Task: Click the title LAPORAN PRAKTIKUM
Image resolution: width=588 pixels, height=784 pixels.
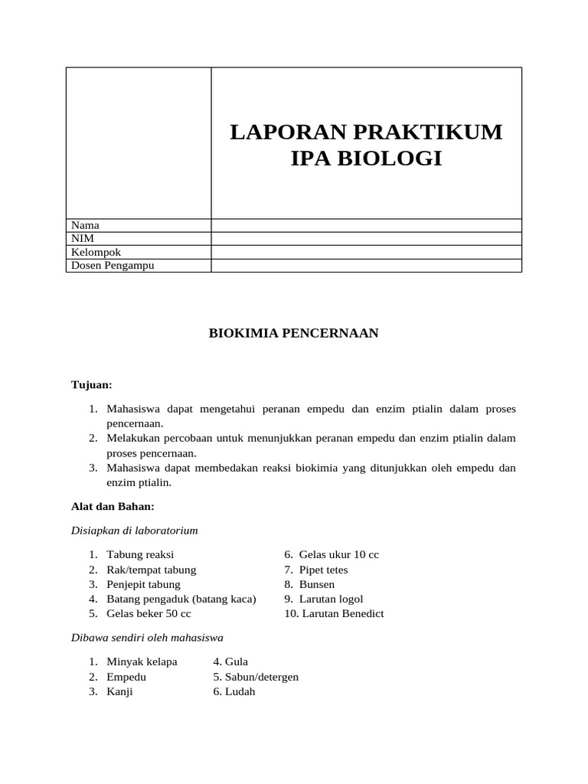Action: (x=366, y=132)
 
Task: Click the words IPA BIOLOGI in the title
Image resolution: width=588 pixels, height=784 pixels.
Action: (x=366, y=158)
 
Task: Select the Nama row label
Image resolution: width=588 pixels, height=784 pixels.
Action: (x=85, y=225)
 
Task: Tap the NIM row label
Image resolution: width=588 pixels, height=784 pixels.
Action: (x=82, y=238)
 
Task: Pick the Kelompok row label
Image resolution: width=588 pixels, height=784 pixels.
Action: (x=96, y=252)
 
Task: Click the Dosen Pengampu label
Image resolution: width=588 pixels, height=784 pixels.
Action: (x=112, y=266)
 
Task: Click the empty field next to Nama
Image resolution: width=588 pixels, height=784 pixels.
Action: (x=366, y=225)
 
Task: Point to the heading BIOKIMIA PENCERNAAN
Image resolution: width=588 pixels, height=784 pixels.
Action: (x=294, y=333)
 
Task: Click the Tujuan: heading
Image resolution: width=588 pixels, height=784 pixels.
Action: (x=91, y=384)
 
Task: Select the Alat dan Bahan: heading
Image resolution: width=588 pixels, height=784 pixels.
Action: (x=113, y=506)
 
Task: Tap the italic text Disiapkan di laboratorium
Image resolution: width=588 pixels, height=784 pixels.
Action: (x=134, y=530)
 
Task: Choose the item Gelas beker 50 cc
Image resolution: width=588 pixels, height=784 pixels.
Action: (x=149, y=613)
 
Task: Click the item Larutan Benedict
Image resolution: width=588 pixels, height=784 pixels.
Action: (x=342, y=613)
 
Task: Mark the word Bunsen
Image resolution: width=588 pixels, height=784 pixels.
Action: (x=317, y=584)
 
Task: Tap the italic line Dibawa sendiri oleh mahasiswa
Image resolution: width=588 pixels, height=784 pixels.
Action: (x=147, y=637)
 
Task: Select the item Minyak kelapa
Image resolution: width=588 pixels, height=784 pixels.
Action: (x=142, y=661)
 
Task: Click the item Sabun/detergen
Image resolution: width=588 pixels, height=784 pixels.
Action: (x=261, y=677)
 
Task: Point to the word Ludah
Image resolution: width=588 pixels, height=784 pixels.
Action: (x=240, y=691)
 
